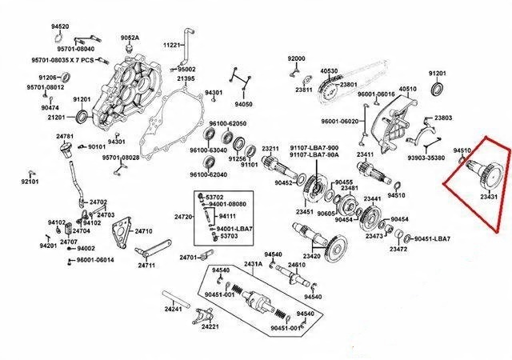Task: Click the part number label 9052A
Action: click(x=130, y=38)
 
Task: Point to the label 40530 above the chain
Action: click(x=329, y=71)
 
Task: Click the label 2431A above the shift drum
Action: click(x=253, y=263)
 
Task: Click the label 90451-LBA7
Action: click(x=432, y=239)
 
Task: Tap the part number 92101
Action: click(x=30, y=182)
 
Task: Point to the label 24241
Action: click(x=174, y=309)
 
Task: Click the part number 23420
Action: click(x=312, y=256)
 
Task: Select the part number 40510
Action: click(x=408, y=90)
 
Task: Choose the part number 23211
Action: click(x=270, y=150)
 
